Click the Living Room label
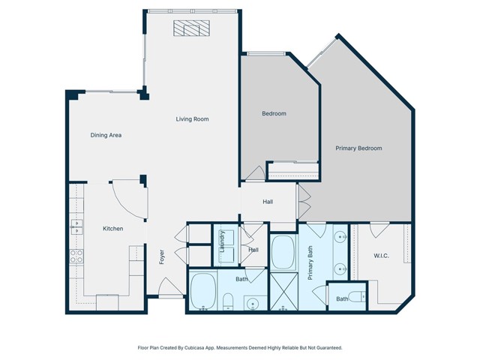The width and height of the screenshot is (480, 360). click(192, 119)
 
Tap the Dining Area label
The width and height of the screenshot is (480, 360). click(106, 135)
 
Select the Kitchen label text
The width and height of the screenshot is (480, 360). click(113, 229)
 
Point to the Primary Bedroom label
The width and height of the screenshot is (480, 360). click(358, 148)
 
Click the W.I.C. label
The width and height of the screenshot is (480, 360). click(382, 256)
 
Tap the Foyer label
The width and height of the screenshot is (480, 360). click(162, 256)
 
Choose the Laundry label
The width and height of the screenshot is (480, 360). click(222, 241)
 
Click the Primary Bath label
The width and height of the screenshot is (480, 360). click(310, 262)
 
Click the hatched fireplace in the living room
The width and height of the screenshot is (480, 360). click(192, 28)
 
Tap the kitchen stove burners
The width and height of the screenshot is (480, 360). click(76, 256)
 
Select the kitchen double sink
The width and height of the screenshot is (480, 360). click(76, 226)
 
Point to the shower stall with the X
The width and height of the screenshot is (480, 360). click(284, 291)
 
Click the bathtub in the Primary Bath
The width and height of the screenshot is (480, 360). click(283, 252)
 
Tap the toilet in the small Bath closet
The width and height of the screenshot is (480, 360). click(357, 297)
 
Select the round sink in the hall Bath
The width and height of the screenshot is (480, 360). click(253, 304)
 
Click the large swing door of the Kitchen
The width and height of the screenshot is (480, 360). click(130, 199)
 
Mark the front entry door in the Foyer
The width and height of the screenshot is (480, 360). click(171, 288)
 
